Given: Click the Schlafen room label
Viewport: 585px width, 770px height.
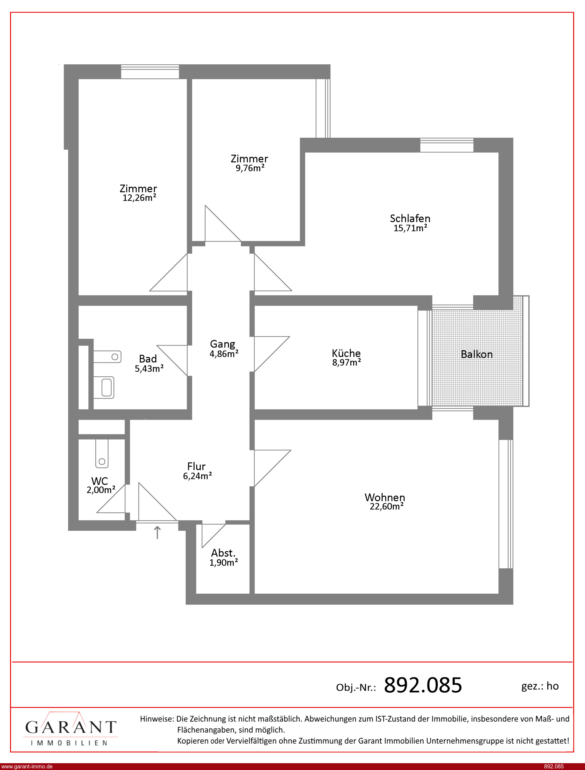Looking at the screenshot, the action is click(x=410, y=218).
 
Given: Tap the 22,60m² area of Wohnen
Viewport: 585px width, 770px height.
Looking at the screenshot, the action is click(x=387, y=506).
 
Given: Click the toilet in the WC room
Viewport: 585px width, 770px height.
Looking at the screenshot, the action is click(x=102, y=454).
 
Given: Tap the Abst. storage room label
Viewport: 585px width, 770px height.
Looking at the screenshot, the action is click(x=223, y=553).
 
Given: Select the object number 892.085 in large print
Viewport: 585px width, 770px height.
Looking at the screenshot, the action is click(x=423, y=685).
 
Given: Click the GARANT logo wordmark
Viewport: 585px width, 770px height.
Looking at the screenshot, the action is click(x=71, y=727).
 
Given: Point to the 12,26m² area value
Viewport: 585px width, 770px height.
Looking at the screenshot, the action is click(x=139, y=198).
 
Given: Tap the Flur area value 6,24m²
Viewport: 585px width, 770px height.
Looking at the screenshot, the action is click(x=198, y=476).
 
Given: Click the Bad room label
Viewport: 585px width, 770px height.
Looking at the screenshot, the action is click(x=148, y=359).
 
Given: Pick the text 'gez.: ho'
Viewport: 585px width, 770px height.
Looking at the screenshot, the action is click(x=540, y=686).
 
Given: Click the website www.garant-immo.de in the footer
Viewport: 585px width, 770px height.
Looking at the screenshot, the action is click(x=27, y=766).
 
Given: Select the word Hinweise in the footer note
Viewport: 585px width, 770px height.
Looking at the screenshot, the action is click(x=156, y=718).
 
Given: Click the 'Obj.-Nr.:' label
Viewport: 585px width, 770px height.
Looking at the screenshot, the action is click(x=356, y=687).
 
